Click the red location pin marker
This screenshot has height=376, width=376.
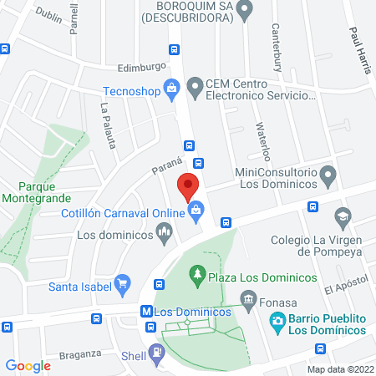[x=188, y=185]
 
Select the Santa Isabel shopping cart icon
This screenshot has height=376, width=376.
[x=123, y=283]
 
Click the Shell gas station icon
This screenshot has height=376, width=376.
[x=155, y=352]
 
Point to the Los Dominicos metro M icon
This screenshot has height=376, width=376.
[x=147, y=311]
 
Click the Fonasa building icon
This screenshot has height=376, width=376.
[x=248, y=298]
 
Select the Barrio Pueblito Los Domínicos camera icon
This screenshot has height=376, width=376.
[x=277, y=320]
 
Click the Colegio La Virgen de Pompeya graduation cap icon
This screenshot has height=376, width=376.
[x=342, y=220]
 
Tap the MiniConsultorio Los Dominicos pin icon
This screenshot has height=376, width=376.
[x=328, y=176]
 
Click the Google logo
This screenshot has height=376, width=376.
[x=28, y=365]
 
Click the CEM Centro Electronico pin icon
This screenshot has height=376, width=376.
[x=195, y=85]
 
